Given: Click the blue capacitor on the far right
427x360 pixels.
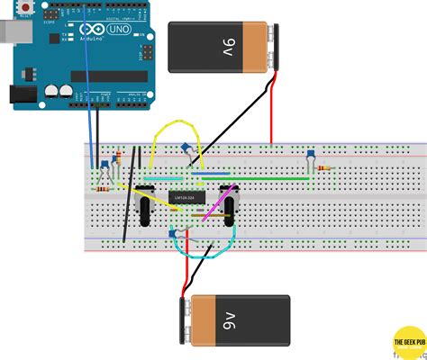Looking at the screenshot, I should click(x=309, y=155).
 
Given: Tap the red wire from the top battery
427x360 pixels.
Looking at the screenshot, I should click(x=271, y=112).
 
